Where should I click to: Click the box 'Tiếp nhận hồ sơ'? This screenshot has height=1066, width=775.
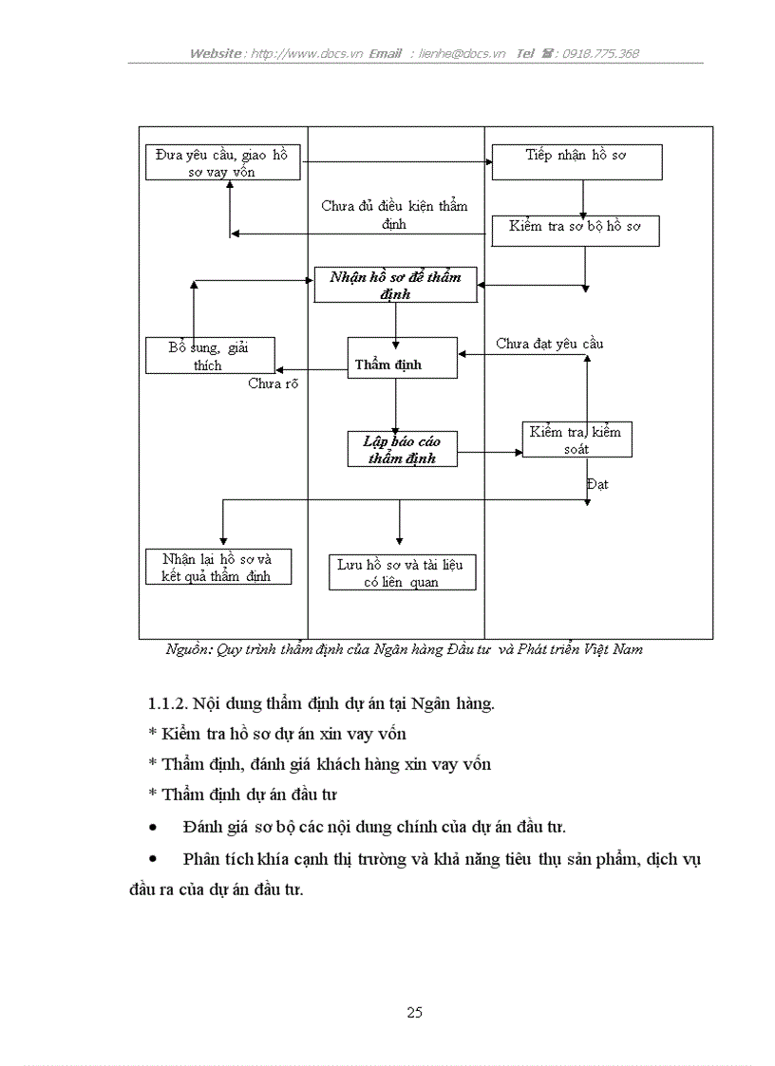(x=577, y=161)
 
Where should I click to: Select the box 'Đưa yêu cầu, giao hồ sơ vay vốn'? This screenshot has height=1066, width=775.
(x=222, y=162)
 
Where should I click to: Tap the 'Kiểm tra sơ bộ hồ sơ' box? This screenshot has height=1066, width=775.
(x=575, y=231)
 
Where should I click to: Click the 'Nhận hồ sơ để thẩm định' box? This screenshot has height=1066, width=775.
(x=395, y=285)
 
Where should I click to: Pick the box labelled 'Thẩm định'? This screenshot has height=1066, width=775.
(x=402, y=358)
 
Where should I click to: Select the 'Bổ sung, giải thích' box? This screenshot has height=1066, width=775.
(x=210, y=356)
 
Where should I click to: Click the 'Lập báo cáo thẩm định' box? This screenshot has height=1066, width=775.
(x=402, y=449)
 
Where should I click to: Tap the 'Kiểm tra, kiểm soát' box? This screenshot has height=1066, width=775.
(x=577, y=439)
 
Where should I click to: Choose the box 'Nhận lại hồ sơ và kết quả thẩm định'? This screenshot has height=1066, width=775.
(x=217, y=567)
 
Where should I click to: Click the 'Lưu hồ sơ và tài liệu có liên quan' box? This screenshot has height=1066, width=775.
(x=402, y=572)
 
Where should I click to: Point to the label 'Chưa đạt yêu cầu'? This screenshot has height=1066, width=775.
(x=549, y=344)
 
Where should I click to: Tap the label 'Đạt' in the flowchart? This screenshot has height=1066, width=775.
(x=597, y=484)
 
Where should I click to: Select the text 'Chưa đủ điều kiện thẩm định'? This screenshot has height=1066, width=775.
(x=394, y=215)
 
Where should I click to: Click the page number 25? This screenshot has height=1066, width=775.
(x=414, y=1012)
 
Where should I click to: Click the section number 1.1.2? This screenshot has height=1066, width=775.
(x=168, y=703)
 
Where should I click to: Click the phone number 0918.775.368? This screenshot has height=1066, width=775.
(x=600, y=53)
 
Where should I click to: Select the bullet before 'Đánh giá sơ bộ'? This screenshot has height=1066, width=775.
(x=153, y=828)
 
